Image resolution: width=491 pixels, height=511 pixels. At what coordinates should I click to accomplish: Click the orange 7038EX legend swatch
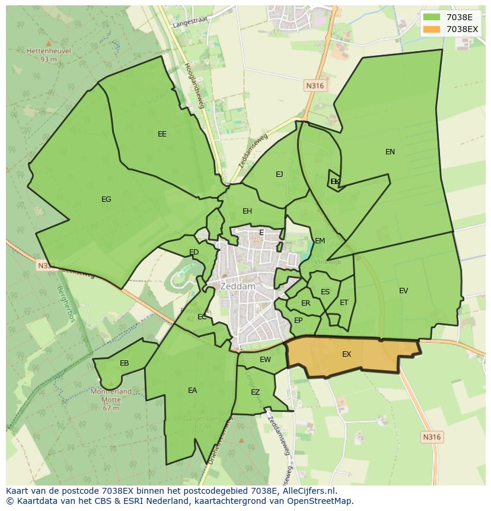tap(432, 29)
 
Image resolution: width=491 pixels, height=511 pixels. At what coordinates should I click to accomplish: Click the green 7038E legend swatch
tap(432, 17)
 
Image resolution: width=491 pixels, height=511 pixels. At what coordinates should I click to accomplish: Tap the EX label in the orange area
tap(347, 354)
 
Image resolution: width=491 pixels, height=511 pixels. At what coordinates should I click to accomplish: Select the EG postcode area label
tap(106, 199)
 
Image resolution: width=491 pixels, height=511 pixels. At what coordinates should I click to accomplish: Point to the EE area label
tap(162, 134)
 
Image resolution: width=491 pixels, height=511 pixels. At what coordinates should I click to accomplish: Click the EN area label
tap(390, 152)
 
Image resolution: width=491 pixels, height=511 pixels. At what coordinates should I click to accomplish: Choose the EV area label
tap(403, 291)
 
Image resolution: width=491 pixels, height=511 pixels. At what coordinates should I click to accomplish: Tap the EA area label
tap(192, 391)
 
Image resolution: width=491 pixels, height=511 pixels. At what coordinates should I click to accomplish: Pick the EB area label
tap(125, 363)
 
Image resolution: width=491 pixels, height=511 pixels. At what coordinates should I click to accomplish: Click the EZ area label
tap(256, 392)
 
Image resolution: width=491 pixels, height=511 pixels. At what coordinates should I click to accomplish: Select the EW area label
tap(265, 360)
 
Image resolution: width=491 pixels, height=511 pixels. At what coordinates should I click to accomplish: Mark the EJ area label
tap(279, 174)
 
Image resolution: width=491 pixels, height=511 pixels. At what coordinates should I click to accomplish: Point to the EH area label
tap(247, 211)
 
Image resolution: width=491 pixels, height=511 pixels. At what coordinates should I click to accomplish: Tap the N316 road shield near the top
tap(315, 86)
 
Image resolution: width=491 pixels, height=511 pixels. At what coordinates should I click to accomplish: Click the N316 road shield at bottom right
tap(432, 437)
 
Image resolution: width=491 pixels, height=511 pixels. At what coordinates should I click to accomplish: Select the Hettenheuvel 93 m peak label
tap(49, 55)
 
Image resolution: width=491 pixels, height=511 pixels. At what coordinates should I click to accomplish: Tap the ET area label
tap(344, 303)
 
